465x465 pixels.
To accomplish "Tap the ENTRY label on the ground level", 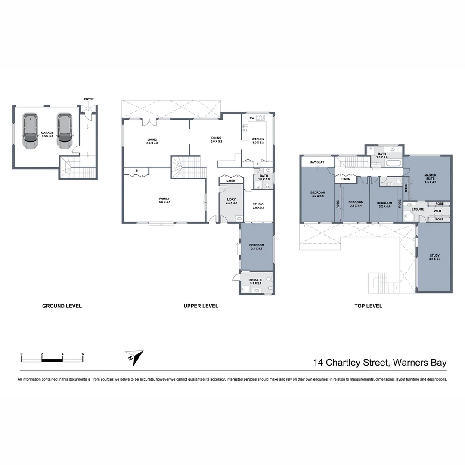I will click(89, 99).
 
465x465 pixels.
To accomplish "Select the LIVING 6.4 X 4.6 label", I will click(152, 141).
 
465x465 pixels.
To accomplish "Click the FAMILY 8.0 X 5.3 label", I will click(165, 200).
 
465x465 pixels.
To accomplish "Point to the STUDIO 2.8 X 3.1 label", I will click(258, 206).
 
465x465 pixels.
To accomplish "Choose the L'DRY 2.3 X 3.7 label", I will click(232, 201).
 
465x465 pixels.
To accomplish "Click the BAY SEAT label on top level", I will click(317, 162).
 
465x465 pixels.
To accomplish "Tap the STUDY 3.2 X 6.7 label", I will click(434, 257).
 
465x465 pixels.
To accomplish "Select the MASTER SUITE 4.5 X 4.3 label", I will click(430, 179).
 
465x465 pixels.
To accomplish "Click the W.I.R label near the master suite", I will click(437, 211).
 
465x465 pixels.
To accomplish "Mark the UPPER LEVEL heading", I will click(201, 306).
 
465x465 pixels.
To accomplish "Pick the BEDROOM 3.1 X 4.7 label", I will click(257, 247).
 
